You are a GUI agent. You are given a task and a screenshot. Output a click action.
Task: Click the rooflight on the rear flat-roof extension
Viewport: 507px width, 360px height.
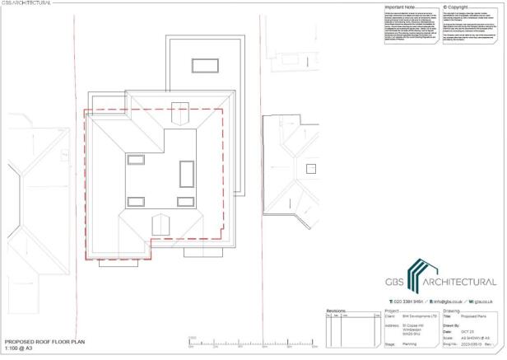tap(200, 64)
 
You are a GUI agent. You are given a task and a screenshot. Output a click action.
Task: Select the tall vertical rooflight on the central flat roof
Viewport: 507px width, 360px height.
tap(186, 173)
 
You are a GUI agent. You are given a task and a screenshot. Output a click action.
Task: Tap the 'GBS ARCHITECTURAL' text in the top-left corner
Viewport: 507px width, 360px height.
tap(25, 2)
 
